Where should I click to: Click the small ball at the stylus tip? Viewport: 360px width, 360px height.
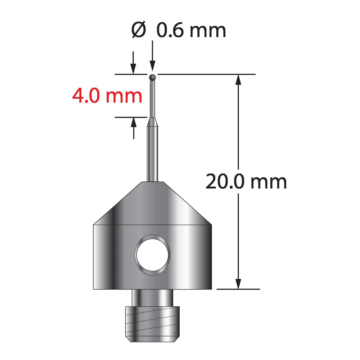[152, 77]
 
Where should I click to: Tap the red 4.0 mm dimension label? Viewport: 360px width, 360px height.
[107, 96]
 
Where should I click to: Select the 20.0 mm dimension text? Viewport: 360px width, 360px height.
[246, 181]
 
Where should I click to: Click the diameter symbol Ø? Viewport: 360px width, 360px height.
[139, 30]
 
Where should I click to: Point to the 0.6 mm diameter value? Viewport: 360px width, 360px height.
[191, 30]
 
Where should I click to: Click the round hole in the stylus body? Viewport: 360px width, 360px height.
[152, 255]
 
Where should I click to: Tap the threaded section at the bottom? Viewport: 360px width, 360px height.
[152, 324]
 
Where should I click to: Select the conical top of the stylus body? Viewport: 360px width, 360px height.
[152, 203]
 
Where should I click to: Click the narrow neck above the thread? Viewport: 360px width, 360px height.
[152, 298]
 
